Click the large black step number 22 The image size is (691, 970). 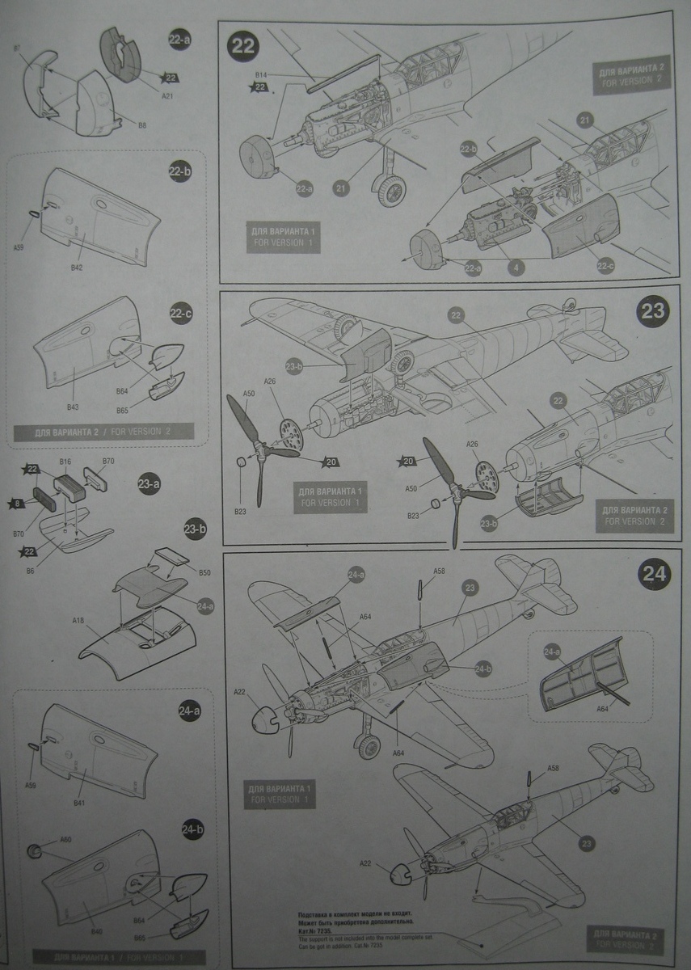click(x=243, y=45)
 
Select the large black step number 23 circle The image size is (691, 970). click(x=652, y=311)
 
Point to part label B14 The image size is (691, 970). click(x=259, y=75)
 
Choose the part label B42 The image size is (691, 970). click(x=78, y=266)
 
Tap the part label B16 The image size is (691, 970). click(x=65, y=462)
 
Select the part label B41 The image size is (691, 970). click(x=79, y=803)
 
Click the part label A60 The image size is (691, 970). click(x=65, y=840)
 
